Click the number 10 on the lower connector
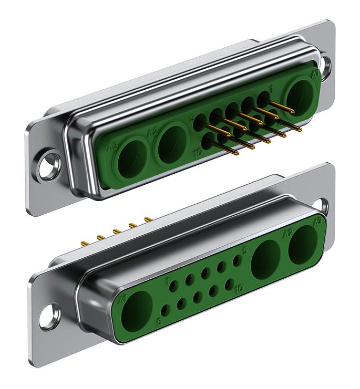[239, 288]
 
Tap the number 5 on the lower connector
[244, 251]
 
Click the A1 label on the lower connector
[124, 300]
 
